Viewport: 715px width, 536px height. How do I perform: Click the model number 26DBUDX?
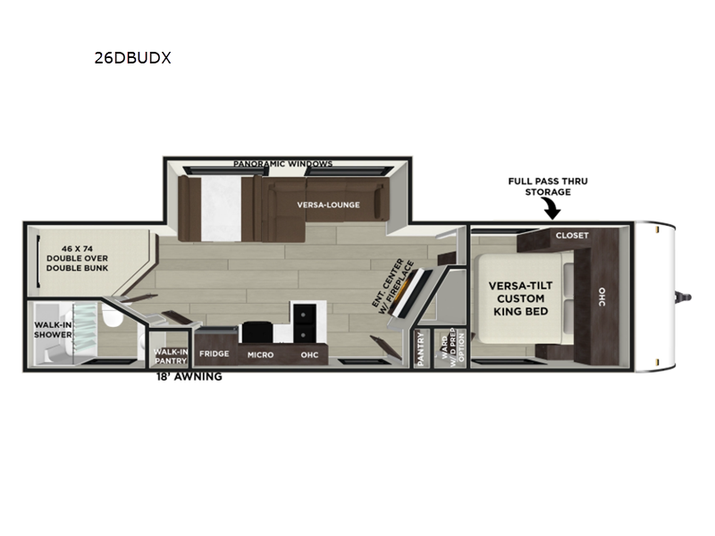(x=132, y=58)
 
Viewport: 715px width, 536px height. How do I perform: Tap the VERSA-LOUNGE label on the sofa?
(x=328, y=205)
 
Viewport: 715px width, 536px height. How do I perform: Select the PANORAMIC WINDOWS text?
(x=282, y=163)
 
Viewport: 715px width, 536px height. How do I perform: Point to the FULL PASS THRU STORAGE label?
(x=548, y=187)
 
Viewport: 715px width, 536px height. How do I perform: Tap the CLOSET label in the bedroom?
(x=572, y=235)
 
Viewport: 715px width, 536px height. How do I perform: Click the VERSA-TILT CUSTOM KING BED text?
(x=520, y=298)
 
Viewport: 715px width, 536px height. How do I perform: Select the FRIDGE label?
(x=214, y=354)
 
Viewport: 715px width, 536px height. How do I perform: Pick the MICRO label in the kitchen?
(x=260, y=355)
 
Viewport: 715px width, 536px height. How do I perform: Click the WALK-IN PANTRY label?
(x=171, y=356)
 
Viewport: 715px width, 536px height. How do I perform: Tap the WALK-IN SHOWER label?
(x=53, y=330)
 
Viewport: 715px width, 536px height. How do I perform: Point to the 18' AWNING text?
(x=189, y=376)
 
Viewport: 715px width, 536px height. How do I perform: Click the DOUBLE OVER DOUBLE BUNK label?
(x=77, y=258)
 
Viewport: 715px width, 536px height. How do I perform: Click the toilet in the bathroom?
(x=113, y=315)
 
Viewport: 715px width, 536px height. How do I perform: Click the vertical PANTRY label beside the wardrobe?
(x=420, y=348)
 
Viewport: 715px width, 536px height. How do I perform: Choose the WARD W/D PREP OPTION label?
(x=452, y=346)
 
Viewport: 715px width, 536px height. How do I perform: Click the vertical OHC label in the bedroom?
(x=601, y=297)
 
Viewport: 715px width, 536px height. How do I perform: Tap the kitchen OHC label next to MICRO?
(x=309, y=355)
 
